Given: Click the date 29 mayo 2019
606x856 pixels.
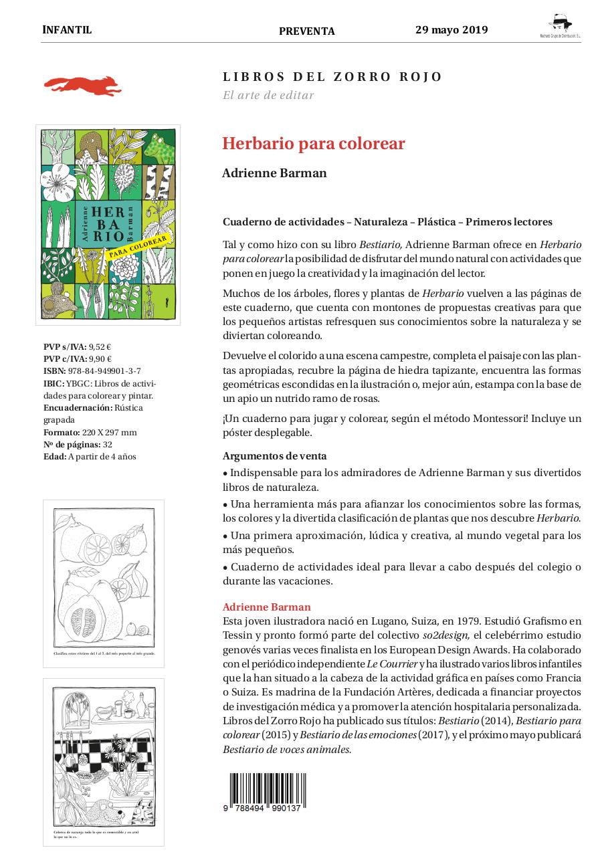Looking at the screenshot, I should point(451,30).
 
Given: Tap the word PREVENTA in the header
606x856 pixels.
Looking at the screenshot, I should point(306,31).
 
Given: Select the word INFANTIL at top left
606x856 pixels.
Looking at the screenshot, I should point(67,30).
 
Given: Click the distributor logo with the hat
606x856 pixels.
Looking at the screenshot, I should point(560,26).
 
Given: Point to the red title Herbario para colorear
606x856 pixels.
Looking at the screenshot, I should point(314,144).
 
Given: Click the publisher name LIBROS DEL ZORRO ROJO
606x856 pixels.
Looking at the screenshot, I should point(332,77).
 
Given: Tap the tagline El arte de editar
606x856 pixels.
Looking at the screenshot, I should point(268,95).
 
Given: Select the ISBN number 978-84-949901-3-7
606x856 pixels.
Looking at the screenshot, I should point(104,371).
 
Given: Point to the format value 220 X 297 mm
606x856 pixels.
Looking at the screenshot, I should point(114,433).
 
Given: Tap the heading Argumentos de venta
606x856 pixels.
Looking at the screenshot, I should point(274,456).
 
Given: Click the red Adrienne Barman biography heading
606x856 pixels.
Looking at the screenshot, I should point(266,607).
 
